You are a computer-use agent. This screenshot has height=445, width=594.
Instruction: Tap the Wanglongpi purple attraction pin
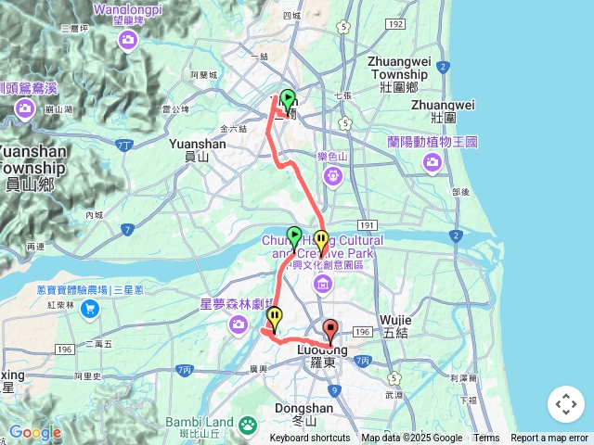128,40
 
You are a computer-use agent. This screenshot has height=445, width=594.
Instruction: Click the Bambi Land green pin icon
248,425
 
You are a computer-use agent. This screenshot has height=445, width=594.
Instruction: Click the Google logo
34,432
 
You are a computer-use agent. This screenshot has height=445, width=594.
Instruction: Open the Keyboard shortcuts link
310,439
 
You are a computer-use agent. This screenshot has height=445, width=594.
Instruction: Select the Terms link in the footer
486,439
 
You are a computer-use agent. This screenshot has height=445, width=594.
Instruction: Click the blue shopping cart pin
90,308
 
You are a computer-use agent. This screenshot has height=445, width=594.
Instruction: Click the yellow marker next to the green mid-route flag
321,241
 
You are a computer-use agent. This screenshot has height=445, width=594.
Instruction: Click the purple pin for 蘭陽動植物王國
433,163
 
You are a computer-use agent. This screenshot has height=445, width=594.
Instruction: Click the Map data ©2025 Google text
412,439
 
